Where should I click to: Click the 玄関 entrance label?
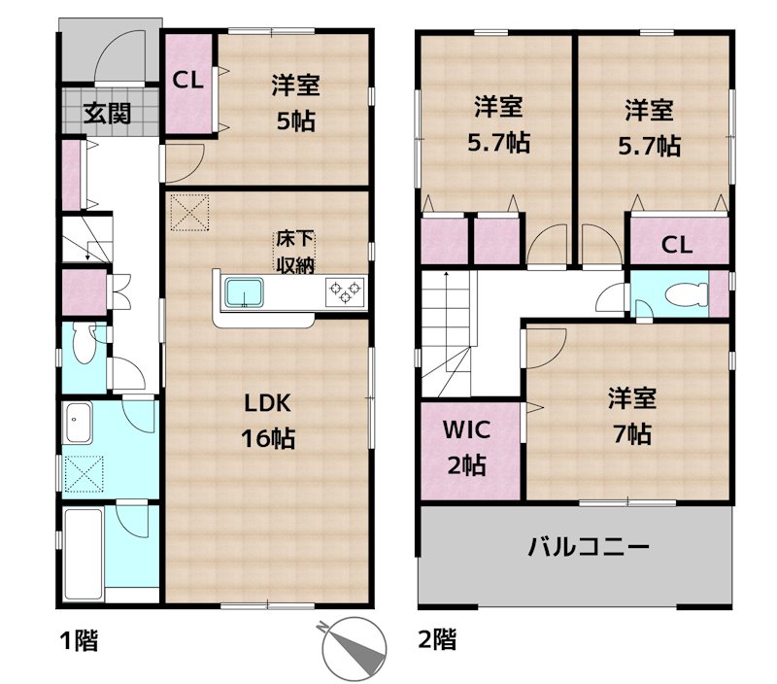pos(107,114)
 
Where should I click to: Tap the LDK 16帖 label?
pos(268,422)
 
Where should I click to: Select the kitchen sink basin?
pos(245,292)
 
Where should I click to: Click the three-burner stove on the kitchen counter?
pos(345,291)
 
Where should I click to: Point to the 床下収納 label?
pos(295,253)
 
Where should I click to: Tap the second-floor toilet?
pos(687,294)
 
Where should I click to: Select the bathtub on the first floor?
pos(84,553)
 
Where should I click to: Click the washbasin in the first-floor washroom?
pos(79,423)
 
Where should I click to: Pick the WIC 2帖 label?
pos(467,448)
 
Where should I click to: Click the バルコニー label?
pos(589,547)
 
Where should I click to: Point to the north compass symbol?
pos(353,647)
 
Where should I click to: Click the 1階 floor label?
pos(79,640)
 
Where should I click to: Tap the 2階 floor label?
pos(438,639)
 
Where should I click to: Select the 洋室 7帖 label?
pos(632,417)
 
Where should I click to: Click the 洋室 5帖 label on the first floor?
pos(295,103)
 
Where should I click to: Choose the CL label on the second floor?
pos(677,245)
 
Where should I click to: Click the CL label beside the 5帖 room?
pos(187,80)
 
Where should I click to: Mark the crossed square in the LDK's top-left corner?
pos(189,213)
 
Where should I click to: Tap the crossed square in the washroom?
pos(84,474)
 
